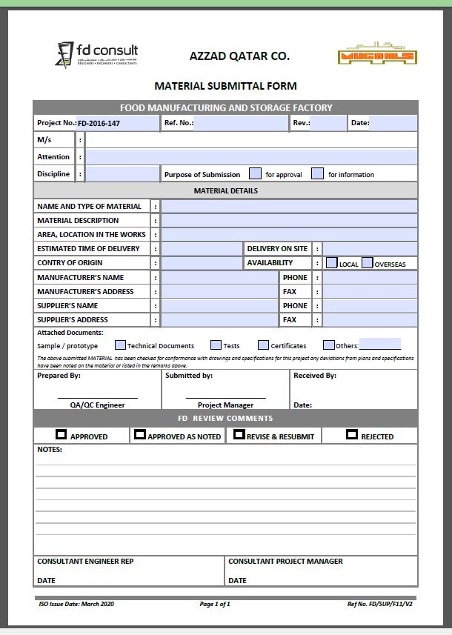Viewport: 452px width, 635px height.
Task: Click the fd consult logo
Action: point(96,53)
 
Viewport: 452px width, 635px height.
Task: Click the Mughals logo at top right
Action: point(378,56)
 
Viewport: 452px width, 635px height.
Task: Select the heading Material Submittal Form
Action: point(225,86)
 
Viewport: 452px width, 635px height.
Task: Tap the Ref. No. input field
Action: point(240,124)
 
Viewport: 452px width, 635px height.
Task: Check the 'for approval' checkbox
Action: point(255,174)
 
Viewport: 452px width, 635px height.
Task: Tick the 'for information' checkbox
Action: point(317,174)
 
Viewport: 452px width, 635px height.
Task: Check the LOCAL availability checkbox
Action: point(332,263)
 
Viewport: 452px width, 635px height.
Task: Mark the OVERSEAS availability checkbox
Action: point(367,263)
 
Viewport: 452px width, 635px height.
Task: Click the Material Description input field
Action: point(288,221)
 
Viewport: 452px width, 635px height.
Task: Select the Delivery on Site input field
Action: point(369,249)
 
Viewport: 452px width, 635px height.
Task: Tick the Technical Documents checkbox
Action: point(120,345)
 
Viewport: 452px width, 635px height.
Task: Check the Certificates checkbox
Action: point(263,345)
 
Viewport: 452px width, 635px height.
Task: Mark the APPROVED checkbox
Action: point(61,435)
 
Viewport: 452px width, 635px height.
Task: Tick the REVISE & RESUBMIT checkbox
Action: point(239,435)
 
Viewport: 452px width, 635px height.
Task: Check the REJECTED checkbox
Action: point(352,435)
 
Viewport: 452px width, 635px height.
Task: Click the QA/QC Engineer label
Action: point(97,405)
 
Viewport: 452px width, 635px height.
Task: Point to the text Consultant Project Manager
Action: point(285,562)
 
